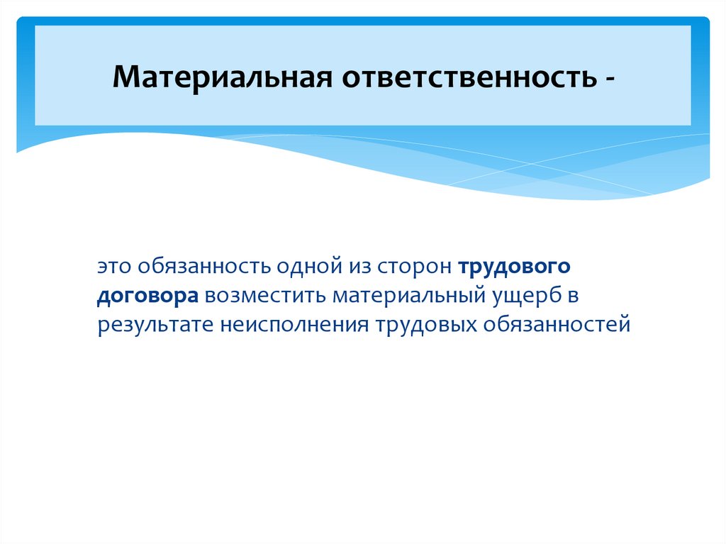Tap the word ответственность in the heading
[469, 77]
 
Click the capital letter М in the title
[127, 77]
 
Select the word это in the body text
[115, 267]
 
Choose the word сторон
[411, 267]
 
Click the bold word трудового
[514, 268]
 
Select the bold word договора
[148, 296]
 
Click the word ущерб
[521, 296]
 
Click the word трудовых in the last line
[424, 324]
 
